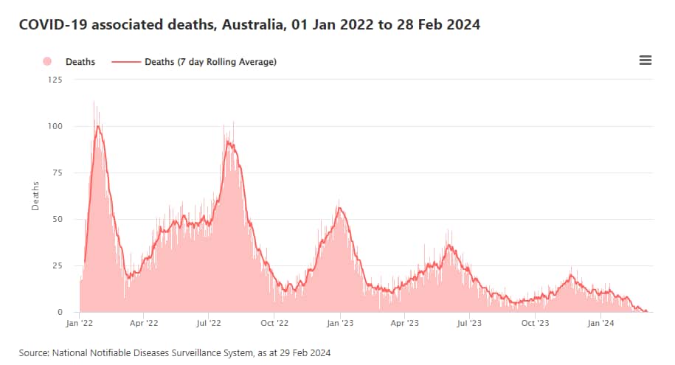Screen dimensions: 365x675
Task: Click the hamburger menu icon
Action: (645, 60)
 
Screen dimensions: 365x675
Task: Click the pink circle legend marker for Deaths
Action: (48, 62)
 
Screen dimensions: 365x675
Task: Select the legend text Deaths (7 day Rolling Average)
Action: (210, 62)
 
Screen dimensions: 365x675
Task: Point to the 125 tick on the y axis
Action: (55, 79)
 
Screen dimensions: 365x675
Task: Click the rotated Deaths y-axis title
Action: (35, 195)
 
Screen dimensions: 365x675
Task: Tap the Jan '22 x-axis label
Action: (79, 323)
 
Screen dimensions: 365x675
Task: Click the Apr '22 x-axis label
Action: (144, 323)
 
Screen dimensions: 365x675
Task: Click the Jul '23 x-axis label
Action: (469, 323)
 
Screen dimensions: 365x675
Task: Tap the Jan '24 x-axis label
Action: (600, 323)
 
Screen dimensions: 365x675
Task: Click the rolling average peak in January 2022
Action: (98, 126)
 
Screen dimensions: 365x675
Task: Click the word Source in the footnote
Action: (34, 353)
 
